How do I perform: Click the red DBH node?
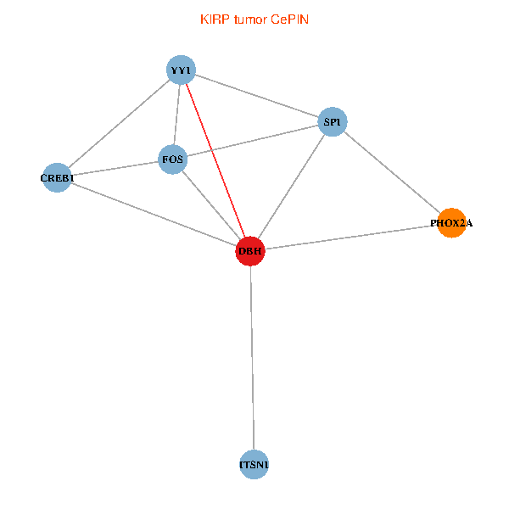(250, 251)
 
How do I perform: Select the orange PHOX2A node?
(451, 223)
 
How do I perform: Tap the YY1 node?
(182, 70)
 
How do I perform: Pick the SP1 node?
(333, 121)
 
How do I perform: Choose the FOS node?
(173, 159)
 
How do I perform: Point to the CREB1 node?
(57, 177)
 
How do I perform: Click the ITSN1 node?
(254, 465)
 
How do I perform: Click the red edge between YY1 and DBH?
(215, 160)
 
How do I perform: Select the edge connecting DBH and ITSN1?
(252, 358)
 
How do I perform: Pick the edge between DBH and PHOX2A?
(350, 237)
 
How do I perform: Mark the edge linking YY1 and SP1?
(257, 96)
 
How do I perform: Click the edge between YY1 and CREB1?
(119, 124)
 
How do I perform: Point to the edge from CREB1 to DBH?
(154, 215)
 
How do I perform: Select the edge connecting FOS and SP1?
(253, 141)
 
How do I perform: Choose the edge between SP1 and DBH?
(291, 187)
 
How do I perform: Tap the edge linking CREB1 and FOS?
(115, 169)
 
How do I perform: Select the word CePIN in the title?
(289, 20)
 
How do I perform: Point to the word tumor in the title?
(250, 20)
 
